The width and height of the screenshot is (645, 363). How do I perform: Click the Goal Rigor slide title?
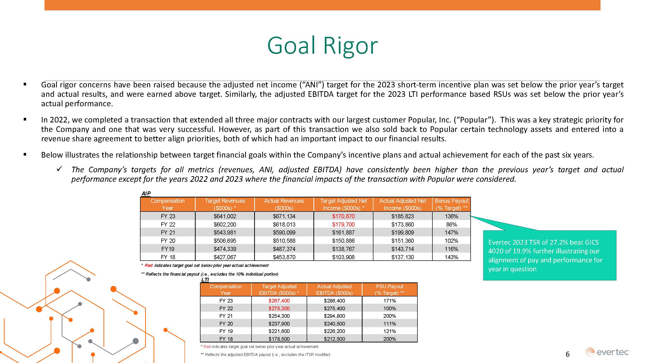point(322,45)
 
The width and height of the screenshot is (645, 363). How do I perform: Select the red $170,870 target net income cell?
point(343,216)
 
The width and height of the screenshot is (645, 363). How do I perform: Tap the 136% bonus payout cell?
point(451,216)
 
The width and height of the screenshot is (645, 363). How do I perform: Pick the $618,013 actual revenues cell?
point(284,225)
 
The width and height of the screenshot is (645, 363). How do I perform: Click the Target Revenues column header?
point(225,204)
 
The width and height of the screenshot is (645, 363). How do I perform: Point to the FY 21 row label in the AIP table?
point(168,233)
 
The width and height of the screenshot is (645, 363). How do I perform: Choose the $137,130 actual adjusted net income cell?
point(402,257)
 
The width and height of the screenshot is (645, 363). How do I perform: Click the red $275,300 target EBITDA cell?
point(279,308)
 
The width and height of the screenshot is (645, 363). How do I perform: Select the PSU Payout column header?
point(389,290)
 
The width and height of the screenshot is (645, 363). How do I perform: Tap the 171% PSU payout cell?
point(389,301)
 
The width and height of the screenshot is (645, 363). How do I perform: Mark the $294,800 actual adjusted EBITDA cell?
point(334,316)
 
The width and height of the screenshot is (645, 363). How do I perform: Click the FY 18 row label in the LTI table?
point(226,339)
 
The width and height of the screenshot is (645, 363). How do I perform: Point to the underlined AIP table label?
point(146,193)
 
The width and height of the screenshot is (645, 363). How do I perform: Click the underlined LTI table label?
point(205,280)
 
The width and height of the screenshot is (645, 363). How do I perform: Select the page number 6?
point(567,354)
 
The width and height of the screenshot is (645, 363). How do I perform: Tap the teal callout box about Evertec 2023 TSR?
point(549,255)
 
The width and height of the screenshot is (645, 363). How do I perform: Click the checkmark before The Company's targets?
point(59,169)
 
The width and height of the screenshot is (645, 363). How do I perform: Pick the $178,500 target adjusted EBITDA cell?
point(279,339)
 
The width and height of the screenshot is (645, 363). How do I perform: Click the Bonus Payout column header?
point(451,204)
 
